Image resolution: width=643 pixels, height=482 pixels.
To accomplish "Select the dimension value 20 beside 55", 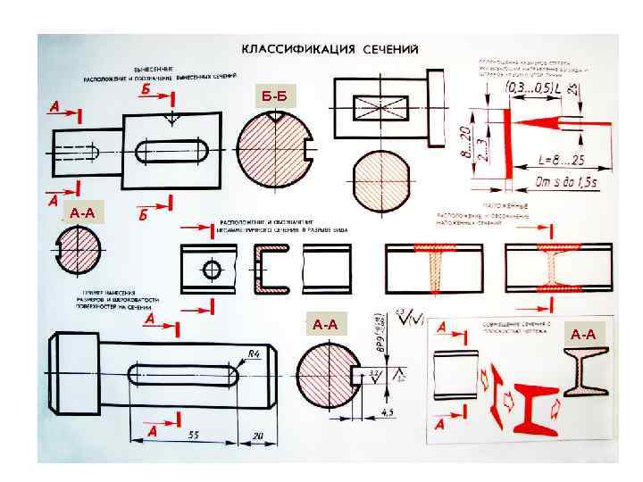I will (x=258, y=436).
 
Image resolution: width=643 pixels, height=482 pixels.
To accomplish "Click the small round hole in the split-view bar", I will (x=212, y=269).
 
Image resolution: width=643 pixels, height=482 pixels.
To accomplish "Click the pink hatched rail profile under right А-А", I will (x=582, y=370).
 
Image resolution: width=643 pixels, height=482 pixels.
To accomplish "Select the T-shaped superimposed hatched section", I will (x=435, y=268).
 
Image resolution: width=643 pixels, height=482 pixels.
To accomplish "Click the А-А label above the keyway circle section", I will (x=325, y=324).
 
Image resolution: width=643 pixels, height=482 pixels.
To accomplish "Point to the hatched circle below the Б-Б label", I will (x=272, y=146).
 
